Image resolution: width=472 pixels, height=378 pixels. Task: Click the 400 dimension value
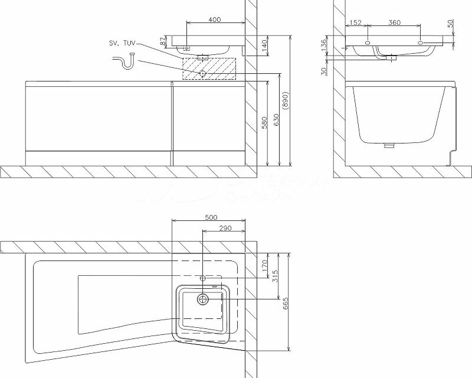[214, 19]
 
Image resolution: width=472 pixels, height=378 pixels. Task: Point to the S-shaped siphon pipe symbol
[124, 60]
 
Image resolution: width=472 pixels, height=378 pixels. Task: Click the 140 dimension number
[265, 45]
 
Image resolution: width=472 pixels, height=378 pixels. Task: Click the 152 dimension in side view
[355, 22]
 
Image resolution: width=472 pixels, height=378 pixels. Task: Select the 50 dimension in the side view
[451, 24]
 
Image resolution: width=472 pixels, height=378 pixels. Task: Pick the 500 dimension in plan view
[211, 217]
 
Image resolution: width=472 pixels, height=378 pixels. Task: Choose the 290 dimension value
[224, 228]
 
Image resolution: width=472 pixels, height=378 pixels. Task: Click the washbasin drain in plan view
[203, 299]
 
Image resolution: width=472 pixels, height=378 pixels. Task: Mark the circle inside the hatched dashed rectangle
[202, 74]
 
